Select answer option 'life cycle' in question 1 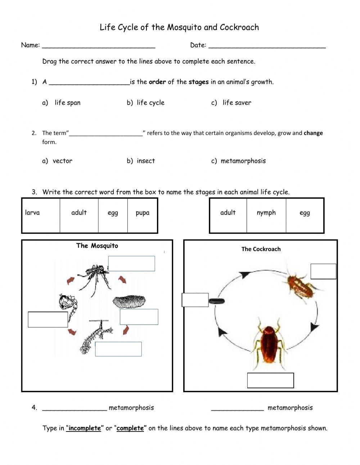150,103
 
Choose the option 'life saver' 237,103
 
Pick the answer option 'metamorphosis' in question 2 243,161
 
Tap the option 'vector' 62,161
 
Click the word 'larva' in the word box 32,213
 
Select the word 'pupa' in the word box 143,213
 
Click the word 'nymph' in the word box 266,213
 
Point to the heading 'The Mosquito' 97,246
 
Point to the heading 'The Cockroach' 261,249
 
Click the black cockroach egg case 217,301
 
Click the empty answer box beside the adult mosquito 131,264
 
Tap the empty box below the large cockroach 270,380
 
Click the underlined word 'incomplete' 85,428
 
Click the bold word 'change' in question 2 313,133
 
